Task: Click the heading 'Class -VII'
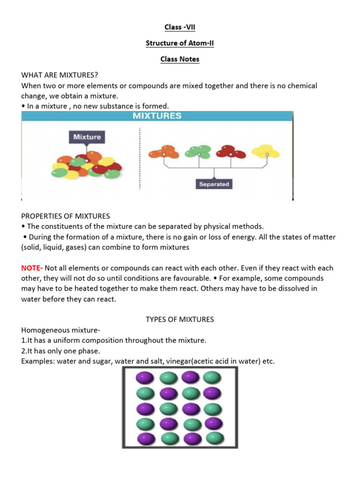(x=180, y=27)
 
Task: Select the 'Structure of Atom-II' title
(x=180, y=43)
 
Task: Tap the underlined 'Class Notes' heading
(x=180, y=59)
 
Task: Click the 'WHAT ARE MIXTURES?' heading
(x=60, y=75)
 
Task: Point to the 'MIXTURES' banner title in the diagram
(x=157, y=116)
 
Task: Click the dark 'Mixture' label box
(x=87, y=137)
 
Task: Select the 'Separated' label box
(x=214, y=184)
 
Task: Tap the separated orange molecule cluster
(x=164, y=152)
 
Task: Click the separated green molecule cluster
(x=198, y=151)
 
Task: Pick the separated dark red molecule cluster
(x=231, y=152)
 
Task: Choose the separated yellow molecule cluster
(x=266, y=151)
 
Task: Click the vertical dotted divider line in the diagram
(x=140, y=159)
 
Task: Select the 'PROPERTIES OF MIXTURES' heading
(x=66, y=216)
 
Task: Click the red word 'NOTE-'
(x=32, y=268)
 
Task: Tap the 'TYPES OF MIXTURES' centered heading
(x=180, y=319)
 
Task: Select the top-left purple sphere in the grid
(x=142, y=378)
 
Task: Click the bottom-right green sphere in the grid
(x=215, y=439)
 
